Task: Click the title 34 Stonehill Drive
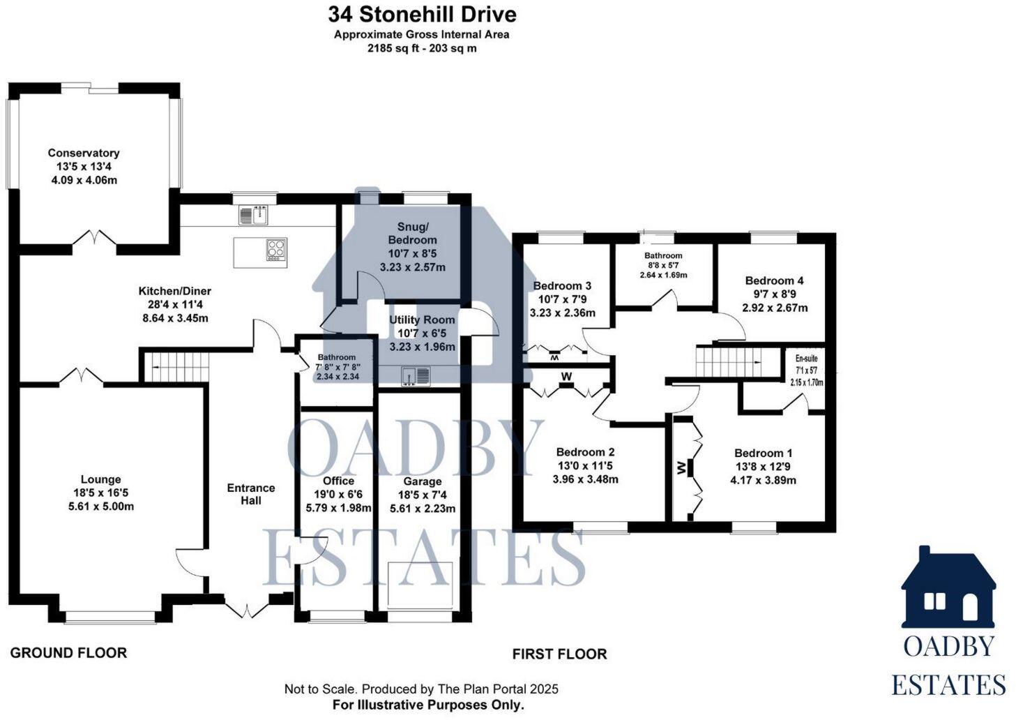coord(422,14)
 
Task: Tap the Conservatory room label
coord(84,153)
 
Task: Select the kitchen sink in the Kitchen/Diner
coord(254,215)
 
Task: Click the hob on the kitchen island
coord(276,250)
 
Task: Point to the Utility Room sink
coord(416,377)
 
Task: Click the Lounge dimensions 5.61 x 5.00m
coord(101,507)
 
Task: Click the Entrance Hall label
coord(251,494)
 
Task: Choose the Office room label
coord(338,481)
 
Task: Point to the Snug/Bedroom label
coord(412,233)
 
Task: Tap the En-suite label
coord(806,359)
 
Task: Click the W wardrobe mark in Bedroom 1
coord(681,467)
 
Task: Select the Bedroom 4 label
coord(774,280)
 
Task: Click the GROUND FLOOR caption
coord(68,653)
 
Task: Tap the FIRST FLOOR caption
coord(559,654)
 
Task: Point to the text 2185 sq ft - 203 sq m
coord(422,49)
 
